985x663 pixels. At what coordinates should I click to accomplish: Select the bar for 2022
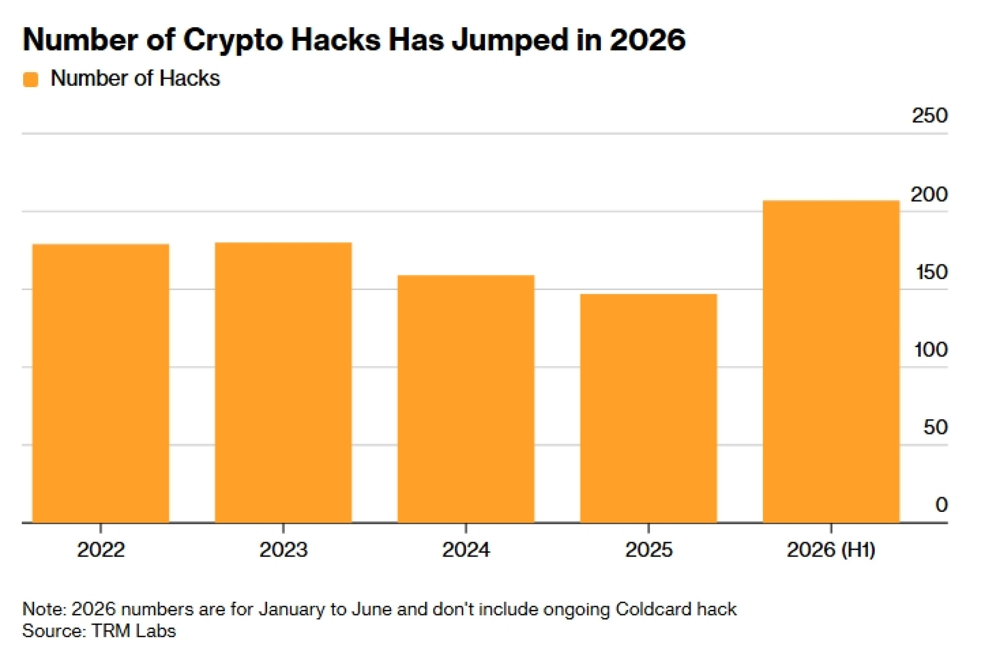[101, 383]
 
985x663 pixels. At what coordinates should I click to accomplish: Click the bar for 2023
[283, 382]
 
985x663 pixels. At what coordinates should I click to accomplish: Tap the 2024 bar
[466, 399]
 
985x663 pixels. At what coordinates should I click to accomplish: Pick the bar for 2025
[649, 408]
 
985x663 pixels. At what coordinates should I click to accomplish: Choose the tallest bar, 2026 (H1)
[831, 361]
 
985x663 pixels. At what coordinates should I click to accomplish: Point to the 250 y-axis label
[930, 116]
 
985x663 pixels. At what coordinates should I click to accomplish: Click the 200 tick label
[929, 194]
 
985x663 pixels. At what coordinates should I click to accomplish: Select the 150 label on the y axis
[931, 272]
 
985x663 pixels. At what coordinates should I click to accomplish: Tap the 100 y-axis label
[931, 350]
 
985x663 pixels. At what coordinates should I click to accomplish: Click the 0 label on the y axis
[942, 505]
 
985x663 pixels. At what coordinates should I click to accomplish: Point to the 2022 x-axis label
[101, 550]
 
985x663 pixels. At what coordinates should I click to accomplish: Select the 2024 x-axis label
[466, 550]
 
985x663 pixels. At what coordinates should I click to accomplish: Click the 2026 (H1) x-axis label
[831, 550]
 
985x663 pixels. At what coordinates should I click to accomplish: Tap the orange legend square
[31, 79]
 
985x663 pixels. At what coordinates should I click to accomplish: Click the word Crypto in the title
[233, 40]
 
